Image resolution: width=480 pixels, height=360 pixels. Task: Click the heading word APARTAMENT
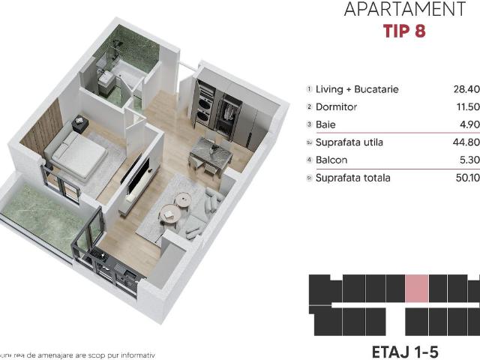coord(404,10)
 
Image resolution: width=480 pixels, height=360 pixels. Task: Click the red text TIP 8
coord(404,33)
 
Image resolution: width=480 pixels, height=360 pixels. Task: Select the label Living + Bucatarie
coord(357,89)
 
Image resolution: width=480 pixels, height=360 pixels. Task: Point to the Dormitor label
coord(337,107)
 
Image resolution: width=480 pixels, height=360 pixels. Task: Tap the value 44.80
coord(466,142)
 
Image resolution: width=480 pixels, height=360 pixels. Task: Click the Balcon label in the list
coord(332,160)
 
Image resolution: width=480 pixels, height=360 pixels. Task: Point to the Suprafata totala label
coord(353,178)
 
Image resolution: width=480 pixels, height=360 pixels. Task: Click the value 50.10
coord(466,178)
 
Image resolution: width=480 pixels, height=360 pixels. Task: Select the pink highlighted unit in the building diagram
coord(417,288)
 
